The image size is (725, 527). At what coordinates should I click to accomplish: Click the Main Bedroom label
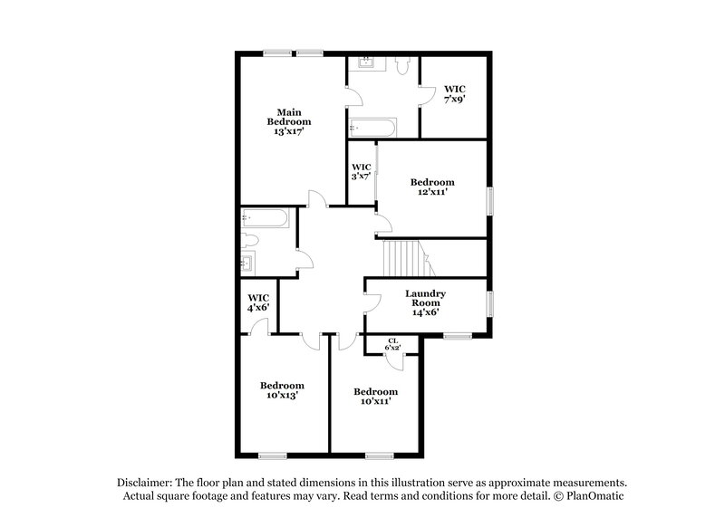point(288,116)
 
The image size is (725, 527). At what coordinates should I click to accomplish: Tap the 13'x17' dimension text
point(288,131)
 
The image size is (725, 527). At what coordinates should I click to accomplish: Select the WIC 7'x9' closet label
point(454,94)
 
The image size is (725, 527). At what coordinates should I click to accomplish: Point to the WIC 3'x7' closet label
point(362,171)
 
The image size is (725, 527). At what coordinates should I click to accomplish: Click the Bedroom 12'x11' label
point(431,187)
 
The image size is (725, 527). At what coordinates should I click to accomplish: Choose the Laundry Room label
point(424,299)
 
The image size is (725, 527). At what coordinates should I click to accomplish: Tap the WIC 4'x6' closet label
point(259,302)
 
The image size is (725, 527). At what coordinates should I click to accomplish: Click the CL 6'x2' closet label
point(392,345)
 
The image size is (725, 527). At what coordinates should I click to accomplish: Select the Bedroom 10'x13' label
point(281,390)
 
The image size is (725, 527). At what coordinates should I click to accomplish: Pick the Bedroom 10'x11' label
point(375,397)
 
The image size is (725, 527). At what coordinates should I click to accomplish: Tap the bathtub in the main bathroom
point(372,126)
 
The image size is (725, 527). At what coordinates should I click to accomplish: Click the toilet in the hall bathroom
point(250,241)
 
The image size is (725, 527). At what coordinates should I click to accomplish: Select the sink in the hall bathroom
point(248,264)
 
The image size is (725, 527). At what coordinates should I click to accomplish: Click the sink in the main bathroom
point(367,63)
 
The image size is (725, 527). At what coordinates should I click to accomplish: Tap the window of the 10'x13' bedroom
point(272,454)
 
